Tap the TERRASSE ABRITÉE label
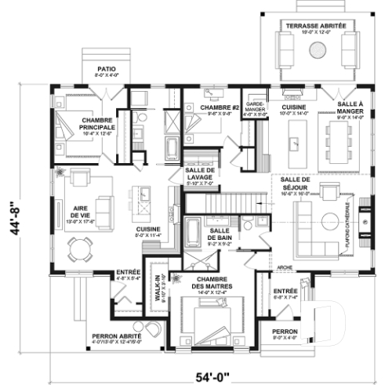pyautogui.click(x=318, y=26)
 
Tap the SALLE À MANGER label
pyautogui.click(x=349, y=108)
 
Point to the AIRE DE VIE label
pyautogui.click(x=79, y=211)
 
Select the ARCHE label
pyautogui.click(x=285, y=268)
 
